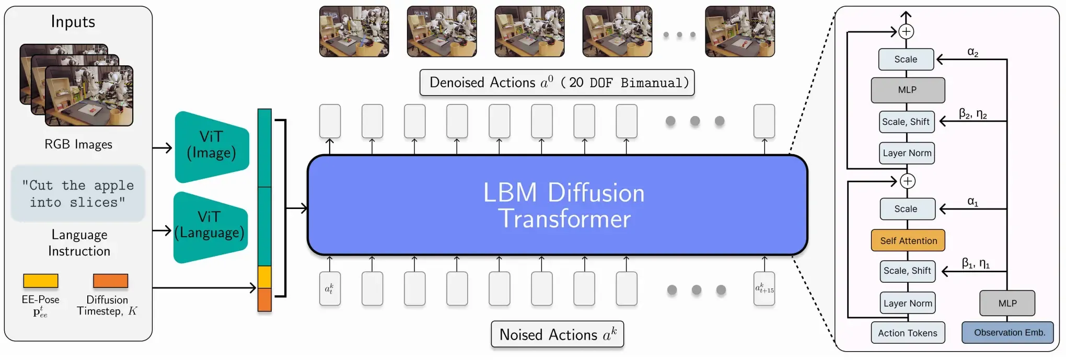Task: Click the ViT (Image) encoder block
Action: tap(212, 147)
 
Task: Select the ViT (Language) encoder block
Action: tap(210, 227)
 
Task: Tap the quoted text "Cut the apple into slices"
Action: tap(78, 194)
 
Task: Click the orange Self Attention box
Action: tap(908, 240)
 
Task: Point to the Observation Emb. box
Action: tap(1007, 332)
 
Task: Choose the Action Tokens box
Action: tap(908, 333)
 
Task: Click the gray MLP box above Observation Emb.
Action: tap(1007, 303)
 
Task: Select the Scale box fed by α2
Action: tap(906, 60)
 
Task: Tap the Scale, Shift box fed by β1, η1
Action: tap(907, 271)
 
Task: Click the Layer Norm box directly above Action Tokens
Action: tap(908, 303)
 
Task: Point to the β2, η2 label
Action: tap(972, 114)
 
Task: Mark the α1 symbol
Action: tap(972, 202)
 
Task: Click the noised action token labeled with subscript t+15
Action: tap(764, 288)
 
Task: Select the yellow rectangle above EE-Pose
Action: tap(41, 281)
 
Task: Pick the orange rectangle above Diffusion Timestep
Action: tap(110, 281)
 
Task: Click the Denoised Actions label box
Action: tap(557, 83)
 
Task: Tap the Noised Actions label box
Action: tap(558, 334)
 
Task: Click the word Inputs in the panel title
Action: tap(73, 21)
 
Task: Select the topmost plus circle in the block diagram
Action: tap(906, 31)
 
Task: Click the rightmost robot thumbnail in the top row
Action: tap(740, 31)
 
